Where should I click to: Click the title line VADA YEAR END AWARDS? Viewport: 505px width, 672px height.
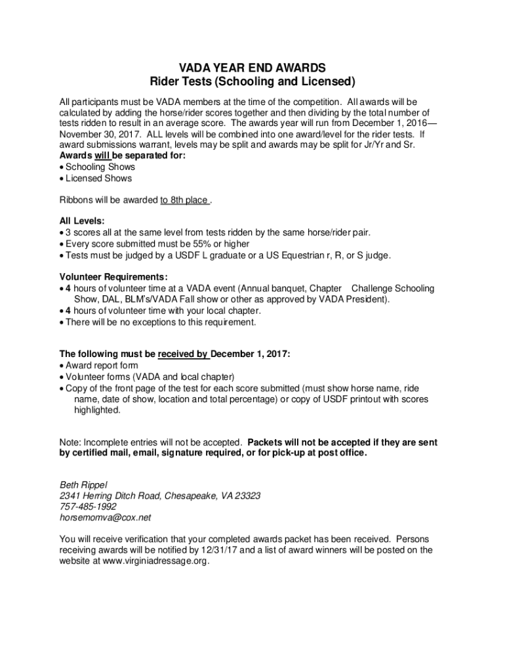253,68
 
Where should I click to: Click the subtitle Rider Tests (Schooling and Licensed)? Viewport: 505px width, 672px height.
253,83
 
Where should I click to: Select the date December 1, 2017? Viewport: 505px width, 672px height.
250,354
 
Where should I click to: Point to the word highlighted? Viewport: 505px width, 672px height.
97,410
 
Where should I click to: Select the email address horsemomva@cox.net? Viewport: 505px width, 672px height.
105,517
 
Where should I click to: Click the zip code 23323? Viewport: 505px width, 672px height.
247,495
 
